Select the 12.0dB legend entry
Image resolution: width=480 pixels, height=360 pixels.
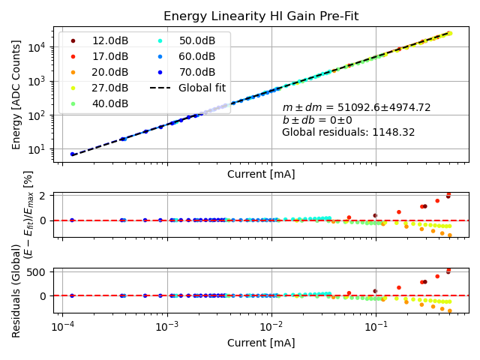[109, 40]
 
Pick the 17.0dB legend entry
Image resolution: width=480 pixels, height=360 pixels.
[109, 56]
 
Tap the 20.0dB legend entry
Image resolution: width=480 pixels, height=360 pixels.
[109, 72]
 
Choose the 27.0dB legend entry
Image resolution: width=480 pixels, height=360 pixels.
[109, 88]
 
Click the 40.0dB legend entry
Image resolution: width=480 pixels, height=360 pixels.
[109, 103]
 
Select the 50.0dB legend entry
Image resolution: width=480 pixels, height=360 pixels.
[196, 40]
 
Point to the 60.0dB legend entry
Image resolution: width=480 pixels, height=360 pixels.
[196, 56]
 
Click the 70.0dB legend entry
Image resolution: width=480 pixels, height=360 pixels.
[196, 72]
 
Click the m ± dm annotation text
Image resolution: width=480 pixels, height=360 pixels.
[356, 108]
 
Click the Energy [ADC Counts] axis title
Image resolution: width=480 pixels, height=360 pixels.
[16, 94]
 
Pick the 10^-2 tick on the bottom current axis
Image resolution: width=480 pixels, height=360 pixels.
[271, 328]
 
